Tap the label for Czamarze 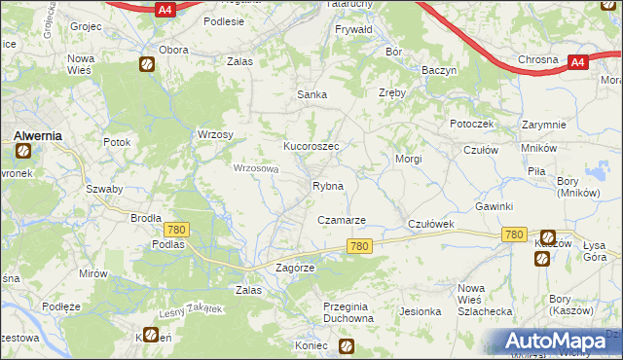pyautogui.click(x=341, y=221)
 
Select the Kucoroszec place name pyautogui.click(x=311, y=145)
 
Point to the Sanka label pyautogui.click(x=311, y=94)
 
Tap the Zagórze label pyautogui.click(x=296, y=268)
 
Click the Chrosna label pyautogui.click(x=537, y=59)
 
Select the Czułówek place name pyautogui.click(x=431, y=224)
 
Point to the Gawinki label pyautogui.click(x=494, y=207)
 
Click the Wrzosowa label pyautogui.click(x=256, y=167)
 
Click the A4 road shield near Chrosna pyautogui.click(x=577, y=62)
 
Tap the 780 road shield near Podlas pyautogui.click(x=176, y=229)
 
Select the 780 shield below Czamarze pyautogui.click(x=358, y=247)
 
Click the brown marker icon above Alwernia pyautogui.click(x=22, y=151)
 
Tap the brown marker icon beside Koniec pyautogui.click(x=346, y=345)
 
